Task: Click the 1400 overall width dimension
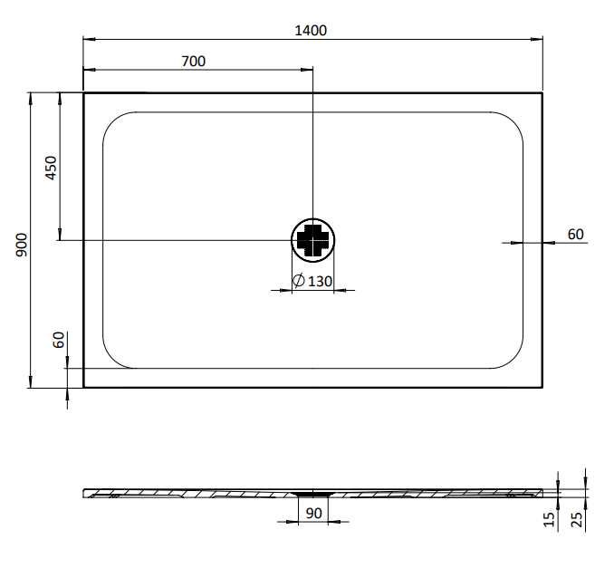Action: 311,30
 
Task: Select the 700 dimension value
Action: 194,62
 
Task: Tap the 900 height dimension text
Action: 21,243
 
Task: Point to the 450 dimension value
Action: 52,169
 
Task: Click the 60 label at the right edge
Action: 575,234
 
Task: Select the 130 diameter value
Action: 321,282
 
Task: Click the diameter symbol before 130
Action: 298,282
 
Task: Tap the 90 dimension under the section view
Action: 313,514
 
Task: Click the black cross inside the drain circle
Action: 313,240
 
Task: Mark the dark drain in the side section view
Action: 313,494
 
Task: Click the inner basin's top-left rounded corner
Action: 113,121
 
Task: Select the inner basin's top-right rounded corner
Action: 513,121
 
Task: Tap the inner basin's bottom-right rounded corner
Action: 513,359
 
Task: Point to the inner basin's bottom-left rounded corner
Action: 113,359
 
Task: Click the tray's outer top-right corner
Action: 542,92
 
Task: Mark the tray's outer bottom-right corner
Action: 542,387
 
